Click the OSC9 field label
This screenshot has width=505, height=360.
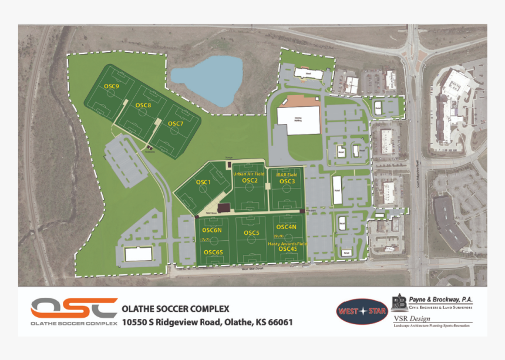tap(112, 86)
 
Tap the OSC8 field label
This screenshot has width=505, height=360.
tap(143, 105)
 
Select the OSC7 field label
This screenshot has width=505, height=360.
tap(176, 123)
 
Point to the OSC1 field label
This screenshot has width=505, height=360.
tap(203, 182)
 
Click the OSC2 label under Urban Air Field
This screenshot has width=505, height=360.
tap(250, 181)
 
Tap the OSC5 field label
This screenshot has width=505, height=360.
tap(251, 233)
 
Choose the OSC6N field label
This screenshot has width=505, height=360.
tap(213, 230)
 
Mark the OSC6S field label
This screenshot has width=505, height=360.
tap(213, 252)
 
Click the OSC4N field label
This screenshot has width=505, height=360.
tap(287, 227)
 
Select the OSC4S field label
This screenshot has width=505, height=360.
tap(287, 249)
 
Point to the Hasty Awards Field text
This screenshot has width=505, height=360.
tap(287, 243)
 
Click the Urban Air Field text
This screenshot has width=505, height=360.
tap(249, 174)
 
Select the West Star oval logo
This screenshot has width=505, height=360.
tap(362, 311)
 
